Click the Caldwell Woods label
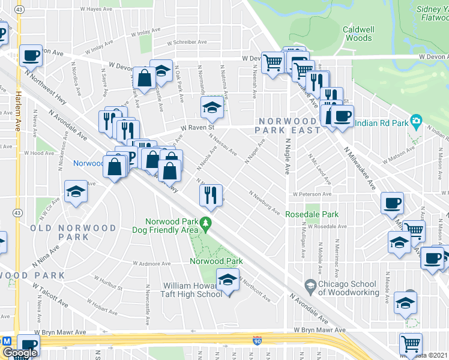(357, 33)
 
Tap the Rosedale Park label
(312, 214)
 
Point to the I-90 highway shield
(256, 340)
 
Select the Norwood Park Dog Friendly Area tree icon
(206, 223)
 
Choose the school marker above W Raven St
(211, 107)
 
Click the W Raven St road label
(199, 127)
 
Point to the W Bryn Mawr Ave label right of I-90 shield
(320, 330)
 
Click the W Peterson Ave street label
(312, 194)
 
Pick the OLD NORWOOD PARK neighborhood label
(73, 232)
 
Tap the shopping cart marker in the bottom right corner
(411, 343)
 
